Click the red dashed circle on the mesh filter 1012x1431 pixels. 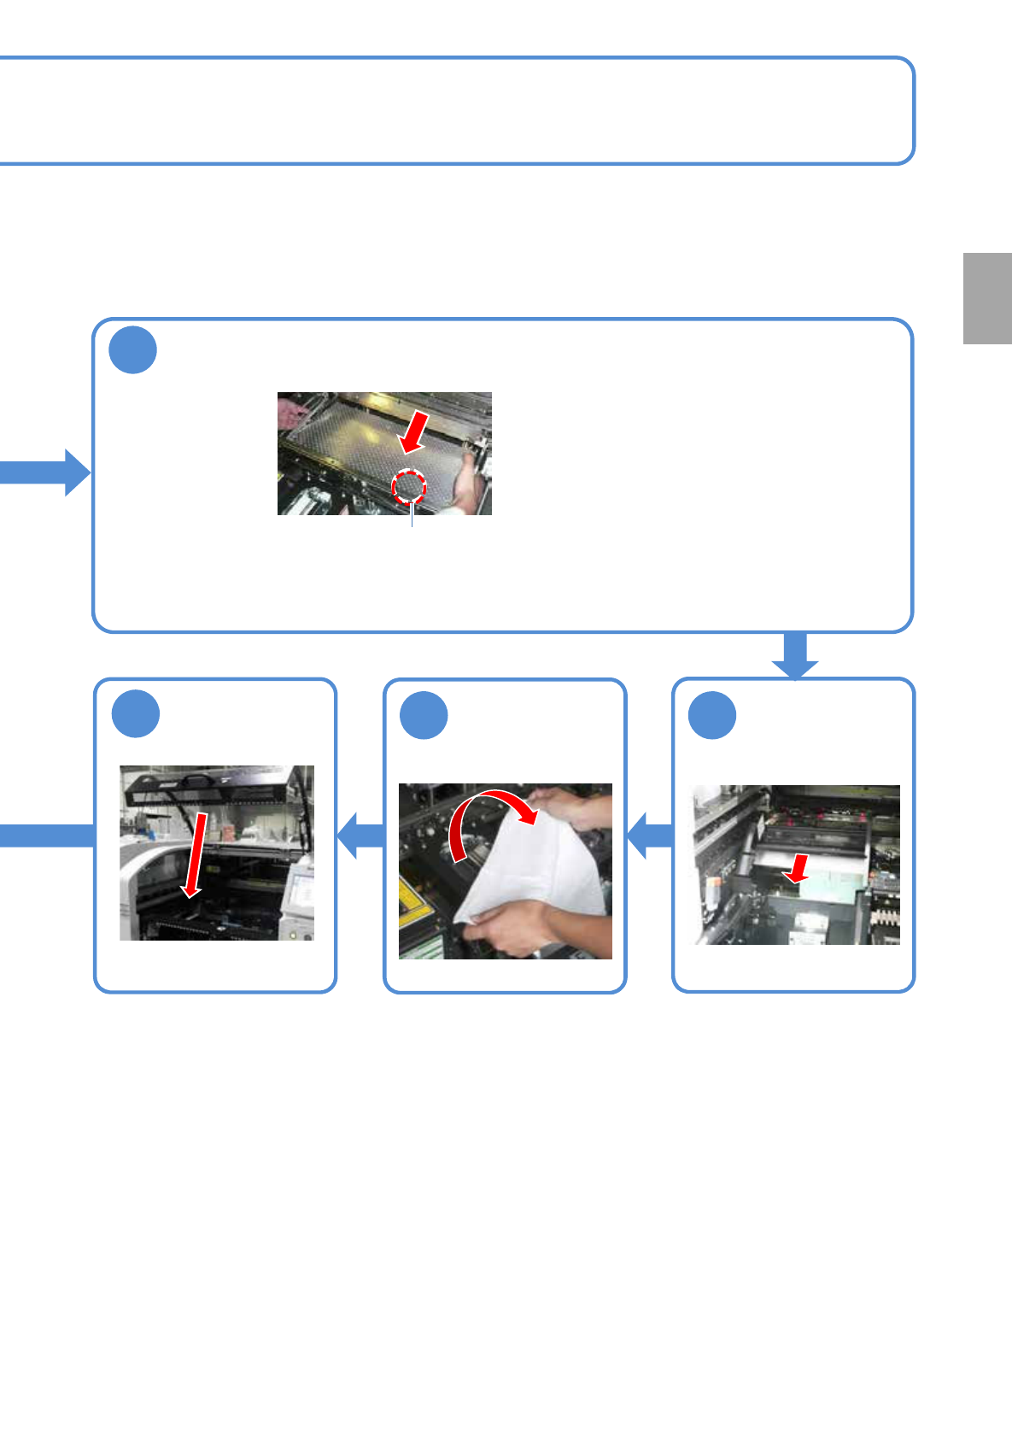point(408,487)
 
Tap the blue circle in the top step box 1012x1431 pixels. point(133,349)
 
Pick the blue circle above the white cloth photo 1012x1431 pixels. point(424,714)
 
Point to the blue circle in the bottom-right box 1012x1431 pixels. point(712,714)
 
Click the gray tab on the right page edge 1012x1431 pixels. point(987,298)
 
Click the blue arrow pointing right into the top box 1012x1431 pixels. point(47,472)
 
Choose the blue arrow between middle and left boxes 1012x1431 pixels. point(360,835)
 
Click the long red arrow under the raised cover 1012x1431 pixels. point(196,855)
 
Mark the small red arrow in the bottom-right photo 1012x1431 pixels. point(798,870)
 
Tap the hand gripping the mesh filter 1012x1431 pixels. point(465,482)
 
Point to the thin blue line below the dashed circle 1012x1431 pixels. point(412,516)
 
